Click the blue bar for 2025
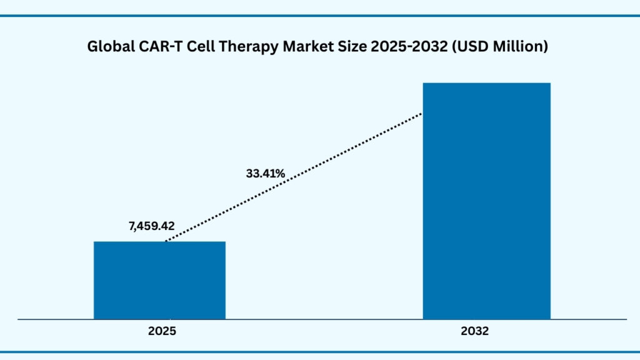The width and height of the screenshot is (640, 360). point(159,280)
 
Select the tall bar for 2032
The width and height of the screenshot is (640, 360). point(486,200)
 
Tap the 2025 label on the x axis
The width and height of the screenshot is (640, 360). point(162,332)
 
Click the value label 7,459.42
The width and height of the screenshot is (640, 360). point(151,226)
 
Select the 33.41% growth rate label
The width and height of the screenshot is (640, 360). point(265,173)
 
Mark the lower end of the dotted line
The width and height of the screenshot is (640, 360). point(166,241)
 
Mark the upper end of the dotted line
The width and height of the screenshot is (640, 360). point(422,114)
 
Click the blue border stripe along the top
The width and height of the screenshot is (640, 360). point(320,15)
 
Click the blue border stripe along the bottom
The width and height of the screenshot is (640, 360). point(320,351)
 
